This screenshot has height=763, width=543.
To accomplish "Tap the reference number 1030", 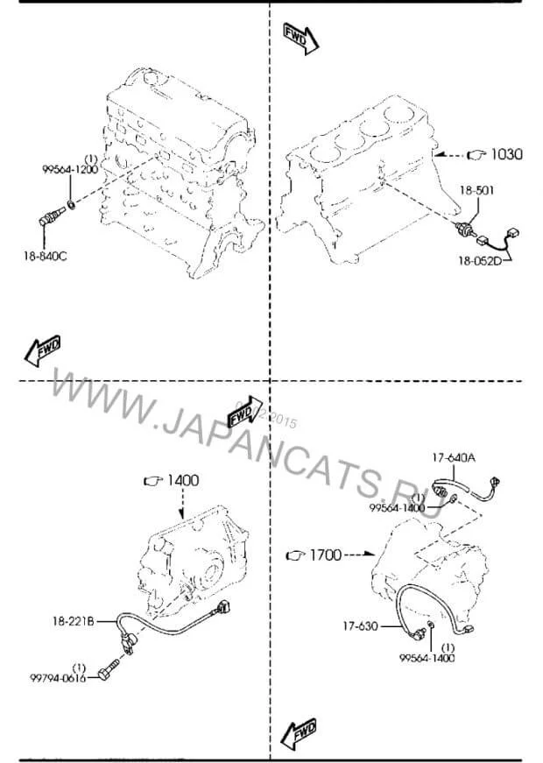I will pos(505,155).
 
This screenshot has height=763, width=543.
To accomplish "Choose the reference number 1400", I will pos(183,480).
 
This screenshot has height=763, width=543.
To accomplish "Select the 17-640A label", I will pos(453,457).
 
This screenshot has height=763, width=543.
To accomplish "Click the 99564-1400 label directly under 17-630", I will pos(427,658).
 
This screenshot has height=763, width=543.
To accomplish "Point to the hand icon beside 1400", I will pos(152,480).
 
